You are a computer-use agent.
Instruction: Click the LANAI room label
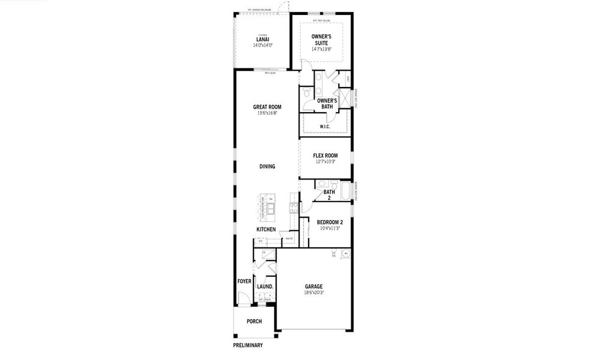(x=262, y=40)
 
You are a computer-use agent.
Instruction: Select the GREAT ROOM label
(x=267, y=107)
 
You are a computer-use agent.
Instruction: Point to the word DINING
(x=267, y=166)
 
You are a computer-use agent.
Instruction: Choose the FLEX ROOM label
(x=325, y=155)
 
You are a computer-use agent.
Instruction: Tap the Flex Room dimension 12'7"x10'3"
(x=325, y=161)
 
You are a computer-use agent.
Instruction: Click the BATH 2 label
(x=329, y=194)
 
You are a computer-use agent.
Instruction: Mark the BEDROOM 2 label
(x=330, y=222)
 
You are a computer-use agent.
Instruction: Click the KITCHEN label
(x=266, y=229)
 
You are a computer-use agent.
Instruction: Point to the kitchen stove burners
(x=294, y=208)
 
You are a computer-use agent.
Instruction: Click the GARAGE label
(x=313, y=286)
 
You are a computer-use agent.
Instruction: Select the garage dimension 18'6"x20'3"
(x=313, y=293)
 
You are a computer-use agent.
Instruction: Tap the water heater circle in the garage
(x=345, y=254)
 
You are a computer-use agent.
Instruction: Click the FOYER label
(x=244, y=281)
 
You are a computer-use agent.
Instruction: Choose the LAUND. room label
(x=265, y=286)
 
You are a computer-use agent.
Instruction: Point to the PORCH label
(x=254, y=321)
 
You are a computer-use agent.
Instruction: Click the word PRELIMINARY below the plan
(x=247, y=345)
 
